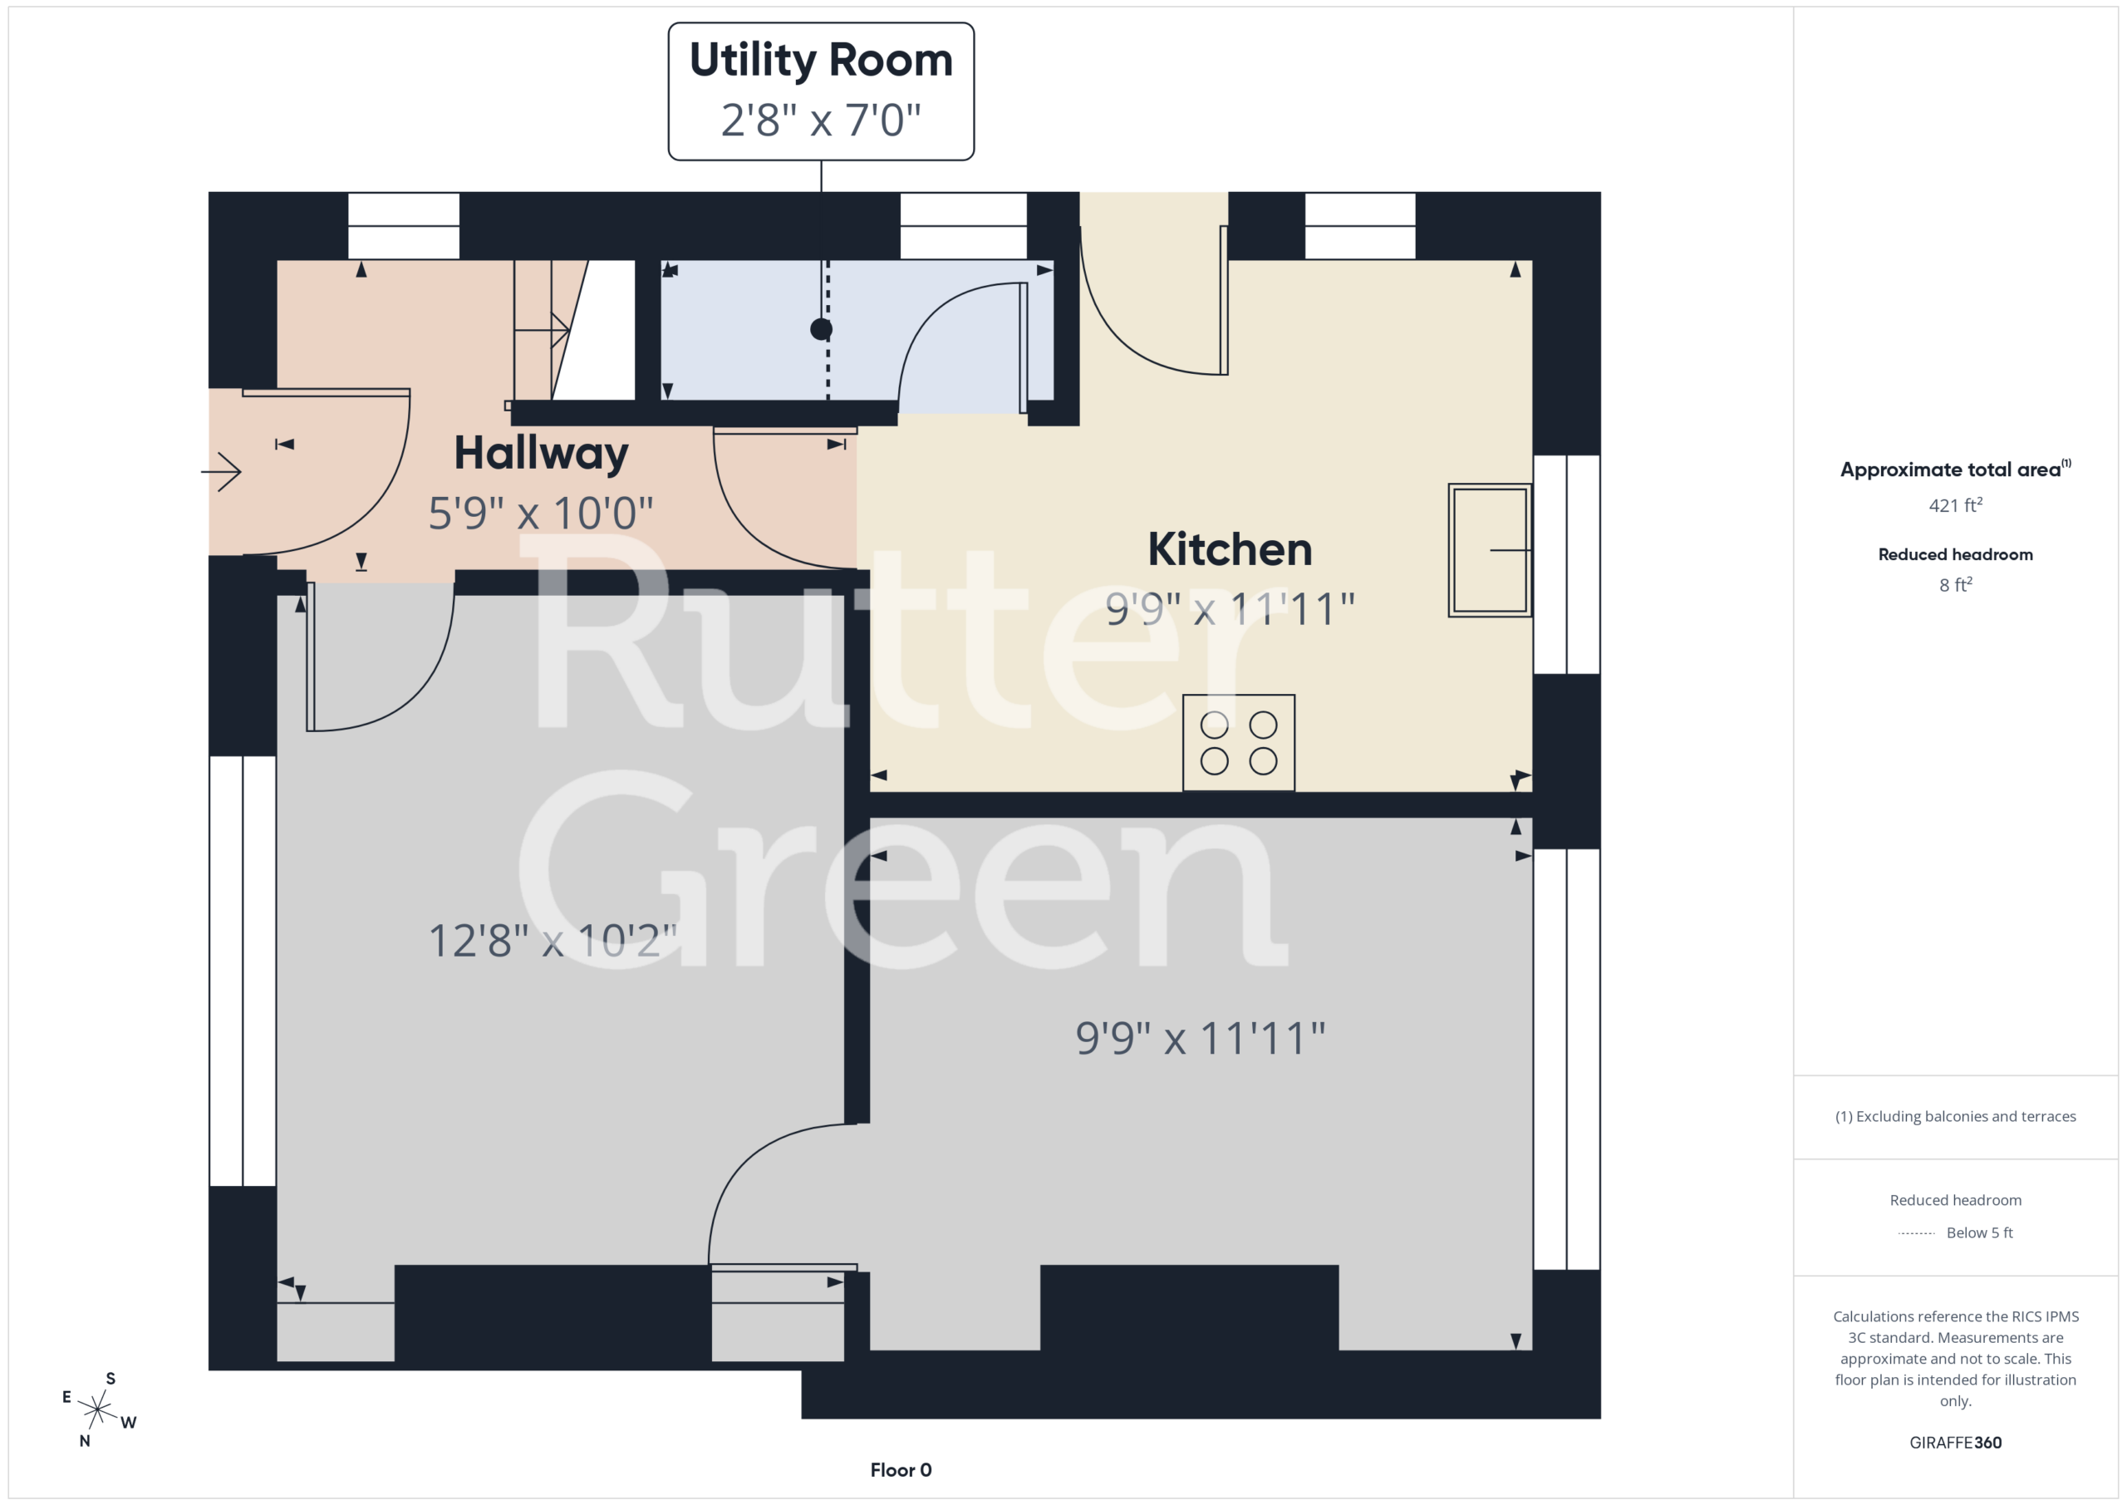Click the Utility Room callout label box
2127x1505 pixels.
821,91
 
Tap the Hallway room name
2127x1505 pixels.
541,454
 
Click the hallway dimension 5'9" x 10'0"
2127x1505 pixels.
541,513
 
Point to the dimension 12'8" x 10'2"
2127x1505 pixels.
553,941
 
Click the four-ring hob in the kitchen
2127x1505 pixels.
1239,742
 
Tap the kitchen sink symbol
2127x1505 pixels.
1490,549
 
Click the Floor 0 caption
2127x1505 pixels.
901,1470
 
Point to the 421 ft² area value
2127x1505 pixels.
1955,505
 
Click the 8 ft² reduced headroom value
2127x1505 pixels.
1955,585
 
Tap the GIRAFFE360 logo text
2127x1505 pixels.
1955,1442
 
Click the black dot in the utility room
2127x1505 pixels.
821,329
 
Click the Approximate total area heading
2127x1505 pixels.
1955,469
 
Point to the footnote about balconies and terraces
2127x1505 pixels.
1955,1116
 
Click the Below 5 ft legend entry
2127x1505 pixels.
1955,1232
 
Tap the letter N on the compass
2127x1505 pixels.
84,1441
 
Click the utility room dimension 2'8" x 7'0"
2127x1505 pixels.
821,120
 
